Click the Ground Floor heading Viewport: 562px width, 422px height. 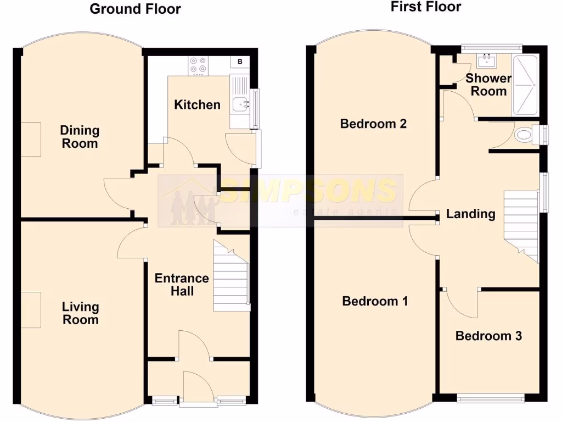[135, 9]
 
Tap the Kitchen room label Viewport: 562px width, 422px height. [197, 104]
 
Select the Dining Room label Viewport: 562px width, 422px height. [80, 137]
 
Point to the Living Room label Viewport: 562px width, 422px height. [80, 313]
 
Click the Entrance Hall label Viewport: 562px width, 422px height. [182, 285]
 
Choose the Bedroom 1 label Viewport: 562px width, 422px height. [375, 301]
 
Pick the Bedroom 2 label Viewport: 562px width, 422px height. [373, 124]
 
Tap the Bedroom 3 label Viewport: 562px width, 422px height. [488, 336]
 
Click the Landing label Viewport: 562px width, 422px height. [470, 214]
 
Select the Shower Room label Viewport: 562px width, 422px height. [488, 85]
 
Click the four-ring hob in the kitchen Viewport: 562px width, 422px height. [198, 65]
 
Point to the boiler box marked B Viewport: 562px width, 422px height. [240, 62]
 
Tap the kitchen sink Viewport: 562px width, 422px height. [240, 103]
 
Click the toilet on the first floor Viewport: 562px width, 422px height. [526, 134]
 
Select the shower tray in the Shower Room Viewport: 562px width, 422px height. [525, 85]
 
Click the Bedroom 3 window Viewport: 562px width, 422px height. [491, 397]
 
